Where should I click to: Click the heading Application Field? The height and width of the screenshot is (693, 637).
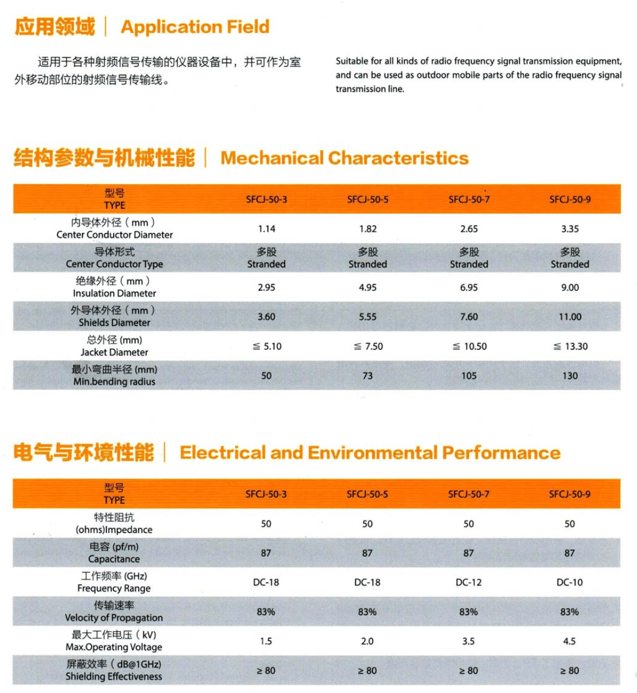click(x=195, y=27)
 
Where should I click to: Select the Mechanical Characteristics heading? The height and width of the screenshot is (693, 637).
click(x=344, y=158)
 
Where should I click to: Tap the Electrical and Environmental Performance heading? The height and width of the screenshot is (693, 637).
click(x=370, y=452)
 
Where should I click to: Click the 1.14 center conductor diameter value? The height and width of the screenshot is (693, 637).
click(x=266, y=229)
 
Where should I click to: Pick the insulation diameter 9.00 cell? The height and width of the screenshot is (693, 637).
click(x=569, y=287)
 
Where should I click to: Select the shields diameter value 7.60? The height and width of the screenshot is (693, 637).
click(x=469, y=317)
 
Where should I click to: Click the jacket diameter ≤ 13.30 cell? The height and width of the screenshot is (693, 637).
click(x=570, y=346)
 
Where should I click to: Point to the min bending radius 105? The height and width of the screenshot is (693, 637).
click(x=469, y=376)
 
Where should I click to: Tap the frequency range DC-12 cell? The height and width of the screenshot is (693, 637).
click(x=468, y=582)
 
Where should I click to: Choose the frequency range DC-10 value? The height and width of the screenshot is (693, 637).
click(x=569, y=582)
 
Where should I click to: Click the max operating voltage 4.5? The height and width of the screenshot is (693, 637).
click(x=569, y=641)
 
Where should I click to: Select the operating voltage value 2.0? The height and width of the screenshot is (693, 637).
click(x=367, y=641)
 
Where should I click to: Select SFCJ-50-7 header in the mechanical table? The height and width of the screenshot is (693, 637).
click(x=469, y=199)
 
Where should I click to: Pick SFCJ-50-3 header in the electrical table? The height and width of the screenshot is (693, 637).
click(x=266, y=494)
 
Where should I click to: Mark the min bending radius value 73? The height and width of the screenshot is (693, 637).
click(x=367, y=376)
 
